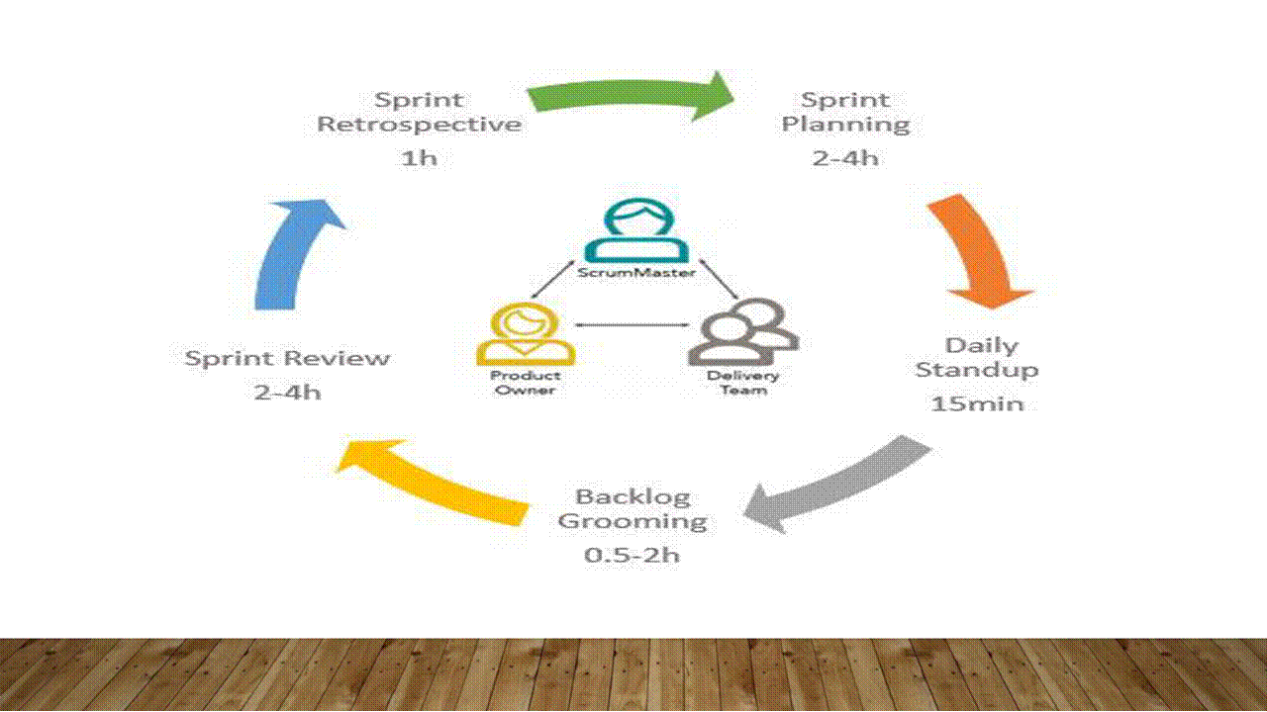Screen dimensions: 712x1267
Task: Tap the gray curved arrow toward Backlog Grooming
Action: (x=841, y=485)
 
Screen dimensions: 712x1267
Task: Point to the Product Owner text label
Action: (x=525, y=383)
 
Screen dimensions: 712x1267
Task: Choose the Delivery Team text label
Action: (x=742, y=383)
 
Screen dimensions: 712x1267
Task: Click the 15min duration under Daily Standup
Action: (x=976, y=403)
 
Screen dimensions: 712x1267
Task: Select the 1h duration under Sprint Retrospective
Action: (x=419, y=158)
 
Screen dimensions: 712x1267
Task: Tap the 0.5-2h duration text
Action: (x=632, y=555)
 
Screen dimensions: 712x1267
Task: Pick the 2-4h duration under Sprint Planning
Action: (x=845, y=158)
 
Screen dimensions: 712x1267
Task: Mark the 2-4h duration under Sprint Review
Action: (x=287, y=393)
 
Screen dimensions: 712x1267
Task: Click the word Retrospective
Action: (x=419, y=125)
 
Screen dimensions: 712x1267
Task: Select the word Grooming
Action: (x=632, y=521)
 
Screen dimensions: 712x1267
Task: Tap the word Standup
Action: (x=976, y=370)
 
